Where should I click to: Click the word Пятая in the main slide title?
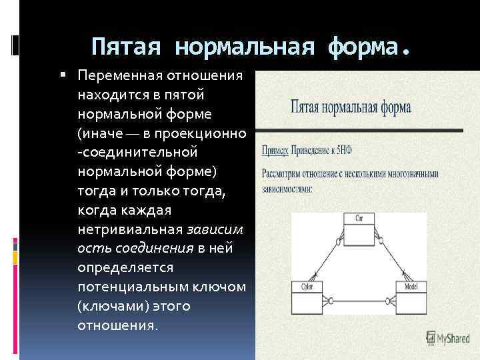click(x=127, y=47)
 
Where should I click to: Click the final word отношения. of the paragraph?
click(x=118, y=326)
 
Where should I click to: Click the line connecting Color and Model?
click(x=359, y=299)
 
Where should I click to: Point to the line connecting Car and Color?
click(x=327, y=259)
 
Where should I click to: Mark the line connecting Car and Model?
click(x=391, y=259)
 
